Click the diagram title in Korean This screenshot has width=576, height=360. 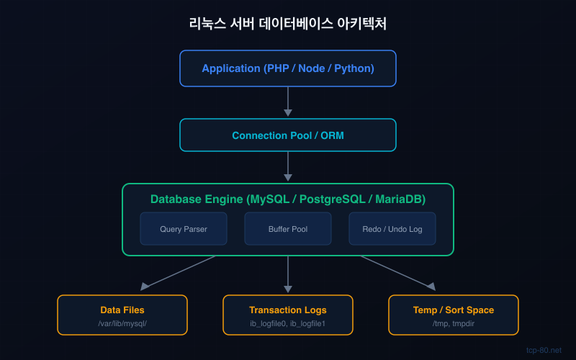click(x=288, y=23)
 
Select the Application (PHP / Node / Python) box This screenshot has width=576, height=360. click(x=288, y=68)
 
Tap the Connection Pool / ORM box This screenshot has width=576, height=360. click(x=288, y=135)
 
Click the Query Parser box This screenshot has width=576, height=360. click(x=184, y=229)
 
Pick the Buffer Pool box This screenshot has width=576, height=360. click(x=288, y=229)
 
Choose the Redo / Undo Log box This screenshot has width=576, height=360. click(x=392, y=229)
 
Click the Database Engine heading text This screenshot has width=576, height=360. click(x=288, y=199)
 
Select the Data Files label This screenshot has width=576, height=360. click(x=122, y=310)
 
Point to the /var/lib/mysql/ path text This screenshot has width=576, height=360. click(x=122, y=323)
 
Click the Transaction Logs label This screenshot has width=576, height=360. click(x=288, y=310)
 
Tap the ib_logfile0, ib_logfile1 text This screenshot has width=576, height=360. click(x=288, y=323)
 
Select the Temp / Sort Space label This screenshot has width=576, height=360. click(x=454, y=310)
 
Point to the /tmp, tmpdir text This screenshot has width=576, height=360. click(x=454, y=323)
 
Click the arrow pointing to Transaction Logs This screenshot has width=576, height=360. click(x=288, y=274)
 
